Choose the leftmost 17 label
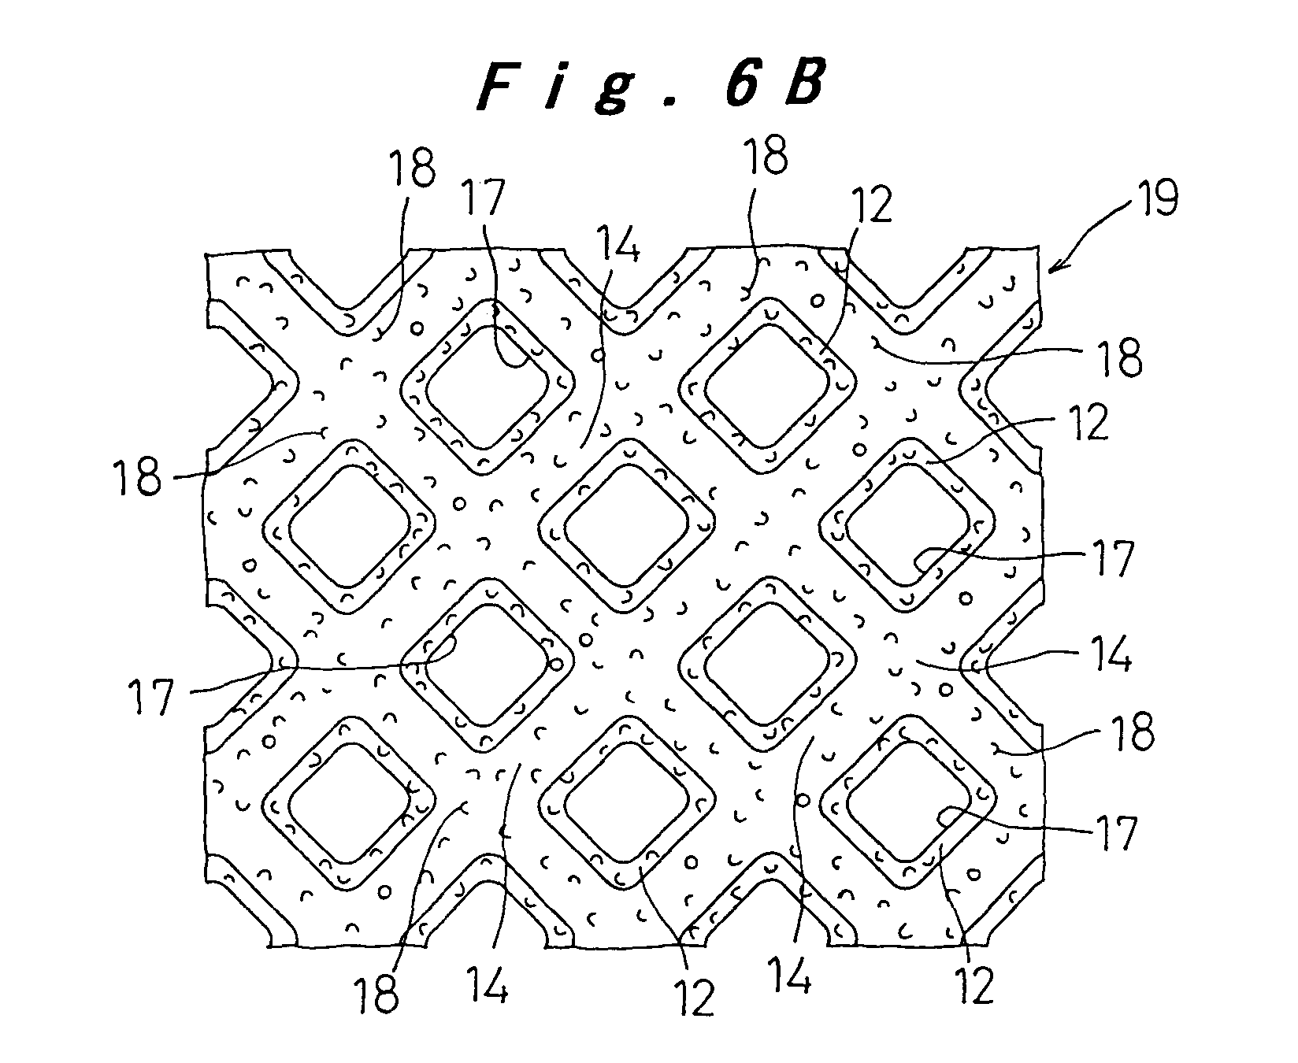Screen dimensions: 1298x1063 pos(150,697)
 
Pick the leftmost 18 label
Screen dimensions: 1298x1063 pos(140,478)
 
